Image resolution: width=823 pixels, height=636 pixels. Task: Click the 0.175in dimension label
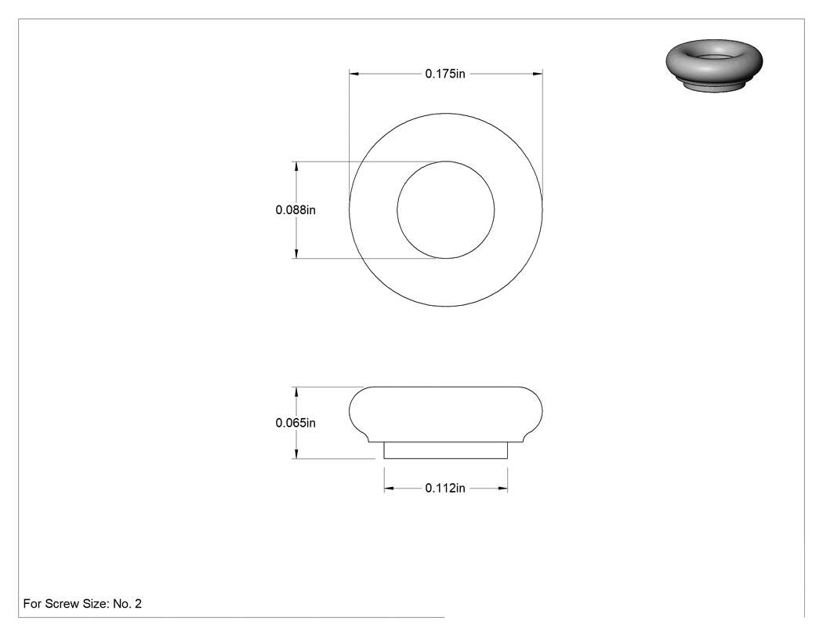tap(445, 74)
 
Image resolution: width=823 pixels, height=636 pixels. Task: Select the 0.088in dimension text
tap(295, 210)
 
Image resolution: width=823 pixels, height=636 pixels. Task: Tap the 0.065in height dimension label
tap(295, 423)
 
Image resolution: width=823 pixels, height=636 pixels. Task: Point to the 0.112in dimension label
tap(445, 488)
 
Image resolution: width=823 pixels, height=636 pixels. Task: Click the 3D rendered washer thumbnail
tap(714, 65)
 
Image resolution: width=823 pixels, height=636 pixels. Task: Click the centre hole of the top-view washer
tap(446, 209)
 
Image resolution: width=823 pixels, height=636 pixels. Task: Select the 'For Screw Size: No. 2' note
tap(82, 603)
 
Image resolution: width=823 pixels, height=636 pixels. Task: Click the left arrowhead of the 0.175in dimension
tap(353, 74)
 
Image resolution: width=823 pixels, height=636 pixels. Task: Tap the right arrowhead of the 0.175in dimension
tap(538, 74)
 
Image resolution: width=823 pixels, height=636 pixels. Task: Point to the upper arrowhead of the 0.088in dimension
tap(296, 166)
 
